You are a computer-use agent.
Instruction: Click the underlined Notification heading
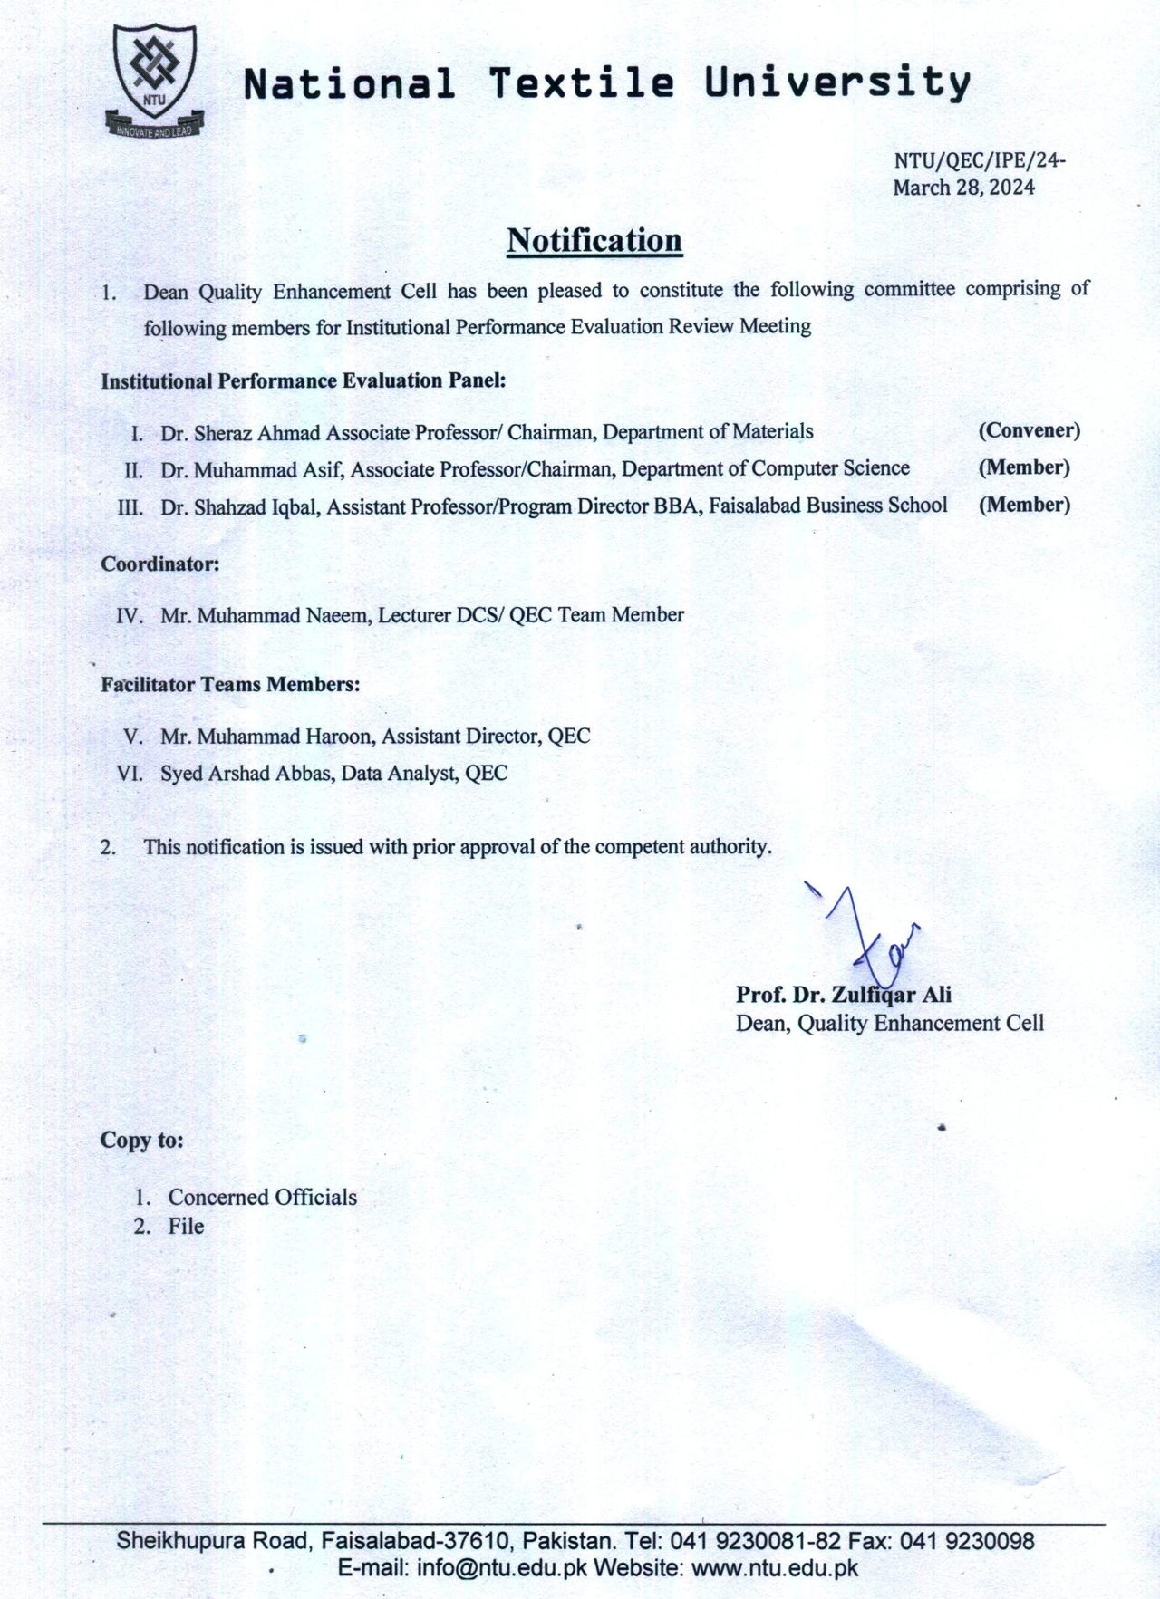point(594,241)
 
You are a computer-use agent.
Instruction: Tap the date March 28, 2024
point(963,188)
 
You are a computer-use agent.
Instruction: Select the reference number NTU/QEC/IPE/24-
point(979,160)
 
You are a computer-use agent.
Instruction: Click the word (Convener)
point(1029,430)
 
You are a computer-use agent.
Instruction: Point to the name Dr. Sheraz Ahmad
point(240,433)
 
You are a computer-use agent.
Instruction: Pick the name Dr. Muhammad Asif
point(252,470)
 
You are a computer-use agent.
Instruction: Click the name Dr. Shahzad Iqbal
point(239,507)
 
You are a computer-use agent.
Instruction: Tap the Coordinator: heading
point(160,564)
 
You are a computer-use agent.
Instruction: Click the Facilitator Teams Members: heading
point(230,685)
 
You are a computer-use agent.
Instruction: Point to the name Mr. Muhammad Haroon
point(267,737)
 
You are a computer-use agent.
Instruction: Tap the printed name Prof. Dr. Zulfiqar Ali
point(843,995)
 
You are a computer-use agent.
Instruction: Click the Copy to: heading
point(141,1140)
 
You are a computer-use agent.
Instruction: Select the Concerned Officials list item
point(262,1198)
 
